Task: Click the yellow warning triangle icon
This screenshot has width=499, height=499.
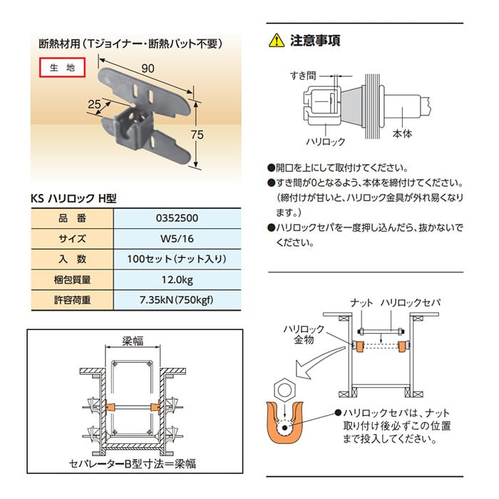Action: [x=275, y=41]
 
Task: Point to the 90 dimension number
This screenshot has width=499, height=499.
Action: [x=148, y=69]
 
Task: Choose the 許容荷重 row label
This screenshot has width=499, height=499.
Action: [x=71, y=300]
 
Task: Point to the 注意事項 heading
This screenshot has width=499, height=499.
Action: [x=314, y=41]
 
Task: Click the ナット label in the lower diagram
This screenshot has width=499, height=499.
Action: [x=361, y=303]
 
